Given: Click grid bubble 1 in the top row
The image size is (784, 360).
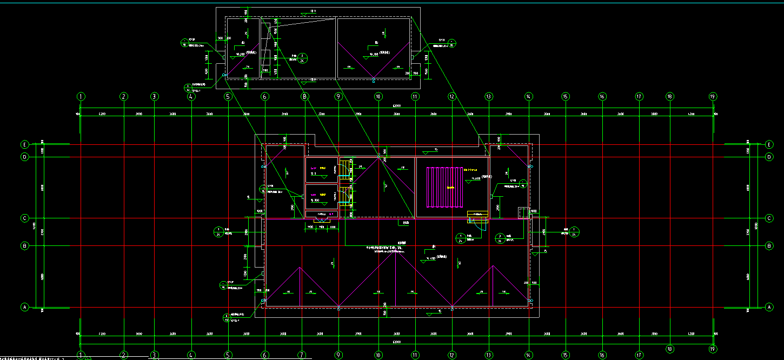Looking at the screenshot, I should pos(81,97).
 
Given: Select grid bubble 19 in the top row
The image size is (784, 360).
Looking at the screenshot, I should pos(713,97).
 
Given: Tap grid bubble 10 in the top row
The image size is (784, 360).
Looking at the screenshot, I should pos(378,97).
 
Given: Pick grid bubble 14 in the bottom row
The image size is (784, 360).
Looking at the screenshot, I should pos(528,355).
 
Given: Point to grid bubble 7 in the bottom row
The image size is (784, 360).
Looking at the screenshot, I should pos(302,355).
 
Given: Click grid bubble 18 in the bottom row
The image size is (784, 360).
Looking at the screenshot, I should pos(670,349).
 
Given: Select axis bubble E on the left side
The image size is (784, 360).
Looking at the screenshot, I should pos(24,145).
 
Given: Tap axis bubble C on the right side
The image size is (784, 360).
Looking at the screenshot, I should pos(769,218).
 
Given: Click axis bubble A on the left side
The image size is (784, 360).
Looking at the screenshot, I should pos(24,307).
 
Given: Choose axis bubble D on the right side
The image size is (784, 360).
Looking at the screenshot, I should pos(769,157).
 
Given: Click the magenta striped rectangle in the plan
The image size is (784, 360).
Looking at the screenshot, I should pos(446,187).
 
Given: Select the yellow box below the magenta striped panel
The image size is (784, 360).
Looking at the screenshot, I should pos(477,216).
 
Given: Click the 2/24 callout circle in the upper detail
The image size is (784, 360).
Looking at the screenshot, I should pos(303,57).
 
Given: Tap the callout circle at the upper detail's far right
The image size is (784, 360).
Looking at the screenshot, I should pos(452,43).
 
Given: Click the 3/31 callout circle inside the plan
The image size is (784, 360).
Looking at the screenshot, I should pos(501,237).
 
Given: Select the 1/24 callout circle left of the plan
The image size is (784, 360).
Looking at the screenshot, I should pos(218,232).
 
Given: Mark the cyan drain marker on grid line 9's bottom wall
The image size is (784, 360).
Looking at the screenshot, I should pos(338,308).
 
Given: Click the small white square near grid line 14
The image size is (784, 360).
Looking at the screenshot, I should pos(522,213).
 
